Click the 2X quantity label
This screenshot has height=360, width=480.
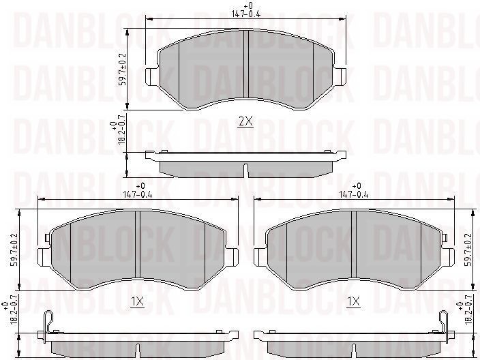pyautogui.click(x=245, y=122)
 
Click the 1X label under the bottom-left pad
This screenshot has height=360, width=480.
pyautogui.click(x=137, y=302)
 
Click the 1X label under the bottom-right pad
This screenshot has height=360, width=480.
pyautogui.click(x=353, y=302)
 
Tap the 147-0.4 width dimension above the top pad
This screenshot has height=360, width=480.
pyautogui.click(x=246, y=14)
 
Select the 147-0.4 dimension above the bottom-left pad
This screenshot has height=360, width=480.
pyautogui.click(x=138, y=194)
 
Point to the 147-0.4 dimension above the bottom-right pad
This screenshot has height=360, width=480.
pyautogui.click(x=354, y=194)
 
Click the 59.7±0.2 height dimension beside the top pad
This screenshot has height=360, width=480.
pyautogui.click(x=122, y=70)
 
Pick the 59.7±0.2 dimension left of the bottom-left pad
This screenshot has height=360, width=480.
pyautogui.click(x=14, y=250)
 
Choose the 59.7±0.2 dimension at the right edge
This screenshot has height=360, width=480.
pyautogui.click(x=468, y=250)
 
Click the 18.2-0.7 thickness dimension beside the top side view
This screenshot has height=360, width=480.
pyautogui.click(x=121, y=129)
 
